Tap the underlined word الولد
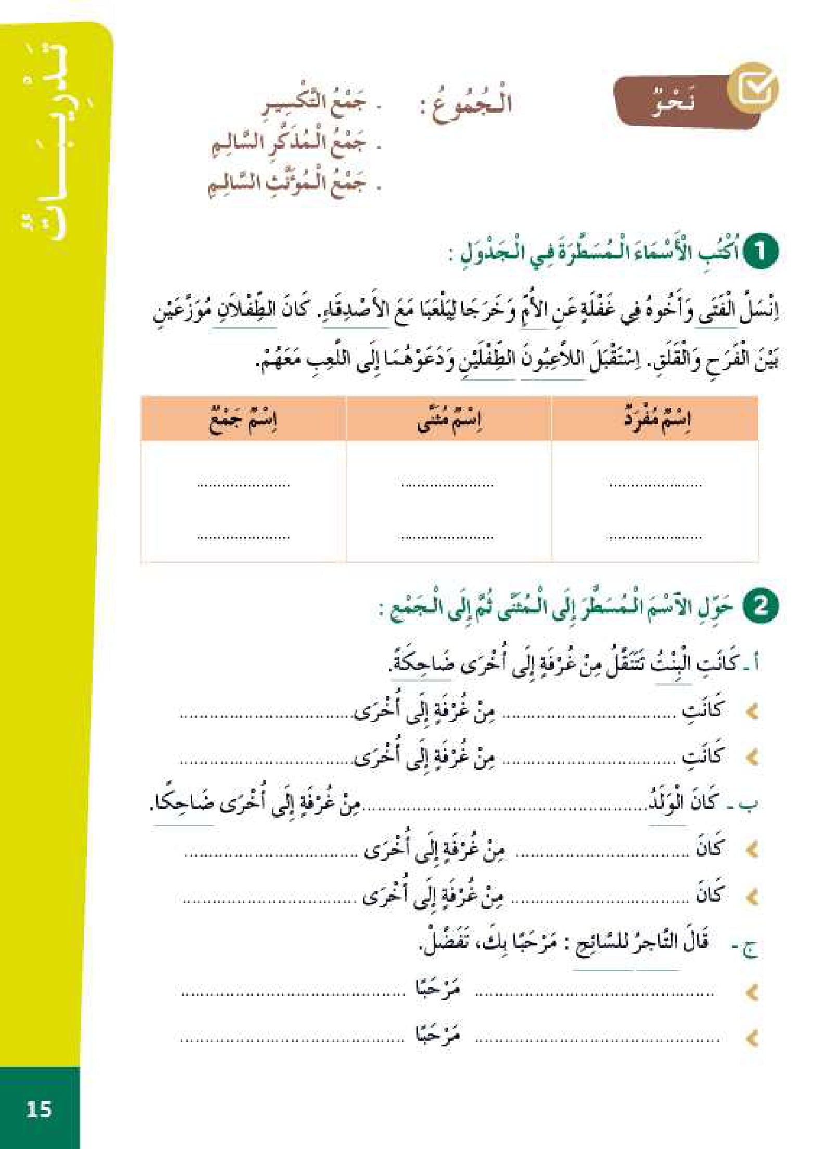tap(667, 803)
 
